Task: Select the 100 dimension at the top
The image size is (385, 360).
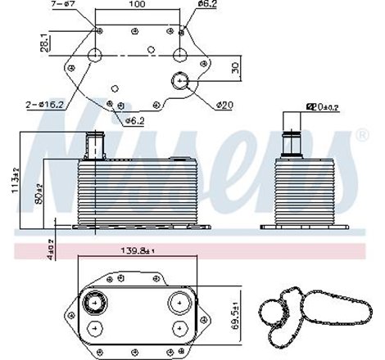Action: click(138, 6)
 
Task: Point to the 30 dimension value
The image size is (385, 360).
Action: click(237, 68)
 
